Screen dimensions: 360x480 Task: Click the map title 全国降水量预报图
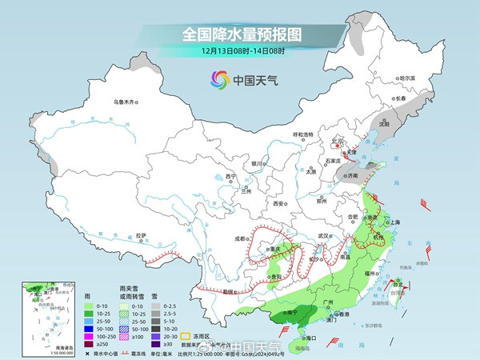coord(239,34)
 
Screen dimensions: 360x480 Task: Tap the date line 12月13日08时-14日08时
coord(239,52)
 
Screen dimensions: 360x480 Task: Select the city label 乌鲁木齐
coord(126,102)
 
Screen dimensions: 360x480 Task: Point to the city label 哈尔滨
coord(407,78)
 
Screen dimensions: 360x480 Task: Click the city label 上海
coord(393,222)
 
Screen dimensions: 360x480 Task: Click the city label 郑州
coord(322,202)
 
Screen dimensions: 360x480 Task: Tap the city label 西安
coord(279,204)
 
